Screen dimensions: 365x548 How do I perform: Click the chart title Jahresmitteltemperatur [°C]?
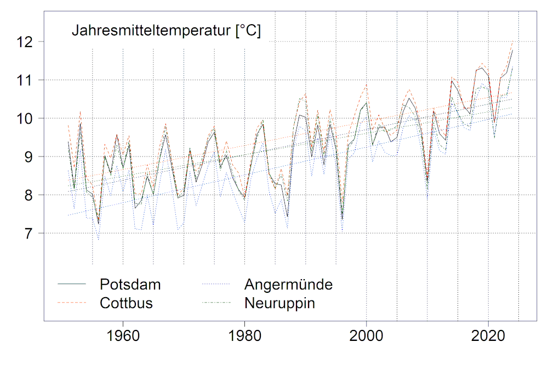(x=166, y=31)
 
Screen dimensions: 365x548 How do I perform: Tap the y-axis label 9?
(x=29, y=157)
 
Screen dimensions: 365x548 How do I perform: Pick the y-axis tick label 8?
(x=29, y=195)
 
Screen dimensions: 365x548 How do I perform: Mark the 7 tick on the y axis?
(x=29, y=234)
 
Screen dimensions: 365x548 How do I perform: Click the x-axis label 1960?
(x=123, y=335)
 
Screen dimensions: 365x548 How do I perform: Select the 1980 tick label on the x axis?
(x=245, y=335)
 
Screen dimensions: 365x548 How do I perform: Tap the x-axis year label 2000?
(x=367, y=335)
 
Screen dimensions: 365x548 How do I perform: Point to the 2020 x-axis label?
(x=488, y=335)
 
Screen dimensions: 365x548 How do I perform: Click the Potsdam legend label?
(x=130, y=285)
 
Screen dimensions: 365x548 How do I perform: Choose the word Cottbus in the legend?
(x=126, y=303)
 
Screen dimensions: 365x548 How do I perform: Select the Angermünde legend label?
(x=289, y=285)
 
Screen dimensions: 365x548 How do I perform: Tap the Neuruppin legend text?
(x=280, y=303)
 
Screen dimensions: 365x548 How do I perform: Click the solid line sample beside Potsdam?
(x=72, y=285)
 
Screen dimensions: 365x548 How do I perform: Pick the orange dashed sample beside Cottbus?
(x=72, y=303)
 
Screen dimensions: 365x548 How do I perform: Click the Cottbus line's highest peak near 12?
(x=512, y=42)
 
